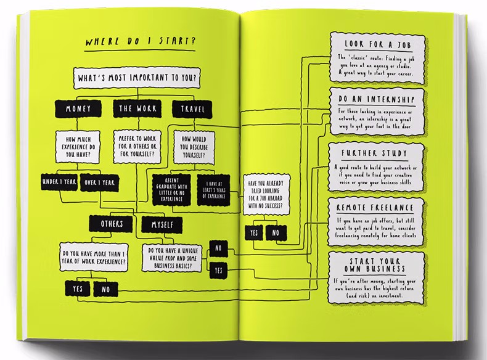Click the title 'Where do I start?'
pyautogui.click(x=140, y=43)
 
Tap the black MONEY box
pyautogui.click(x=78, y=109)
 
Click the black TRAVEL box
pyautogui.click(x=192, y=109)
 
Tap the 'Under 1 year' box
pyautogui.click(x=58, y=182)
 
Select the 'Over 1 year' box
pyautogui.click(x=99, y=182)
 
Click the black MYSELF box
pyautogui.click(x=158, y=224)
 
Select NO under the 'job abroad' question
pyautogui.click(x=275, y=233)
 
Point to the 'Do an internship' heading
pyautogui.click(x=376, y=99)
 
